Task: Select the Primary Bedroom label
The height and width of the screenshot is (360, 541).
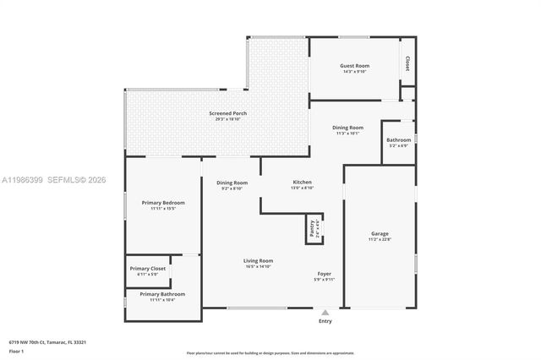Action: (x=162, y=203)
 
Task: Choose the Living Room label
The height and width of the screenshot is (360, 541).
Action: (x=259, y=261)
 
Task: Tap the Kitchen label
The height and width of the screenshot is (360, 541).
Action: (x=303, y=183)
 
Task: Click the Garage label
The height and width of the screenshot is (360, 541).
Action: (x=380, y=233)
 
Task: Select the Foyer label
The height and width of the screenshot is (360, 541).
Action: (x=324, y=274)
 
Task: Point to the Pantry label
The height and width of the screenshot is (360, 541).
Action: (x=312, y=227)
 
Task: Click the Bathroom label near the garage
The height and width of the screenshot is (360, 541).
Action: (x=399, y=139)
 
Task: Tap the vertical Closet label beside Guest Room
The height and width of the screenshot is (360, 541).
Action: (x=407, y=63)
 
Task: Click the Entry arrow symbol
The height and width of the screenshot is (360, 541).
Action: (x=325, y=312)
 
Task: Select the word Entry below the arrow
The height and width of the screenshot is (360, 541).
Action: (x=325, y=321)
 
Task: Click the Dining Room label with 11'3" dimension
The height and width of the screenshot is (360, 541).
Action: (x=349, y=128)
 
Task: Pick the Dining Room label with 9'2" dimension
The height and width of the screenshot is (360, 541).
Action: (x=232, y=183)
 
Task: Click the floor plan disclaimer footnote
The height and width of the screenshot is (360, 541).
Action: (x=270, y=352)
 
